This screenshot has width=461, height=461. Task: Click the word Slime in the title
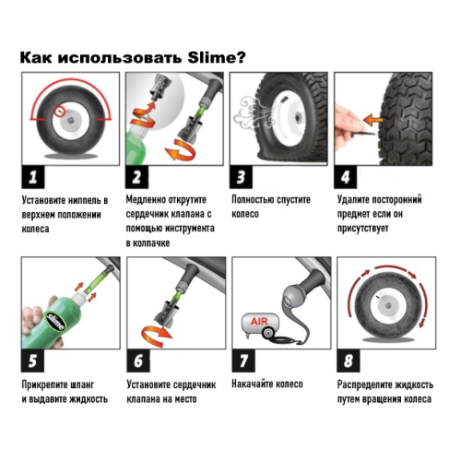[211, 57]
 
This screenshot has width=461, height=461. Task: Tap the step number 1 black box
[34, 176]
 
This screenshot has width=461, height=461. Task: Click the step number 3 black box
[243, 176]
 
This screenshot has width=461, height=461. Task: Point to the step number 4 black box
[349, 176]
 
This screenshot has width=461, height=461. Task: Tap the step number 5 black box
[34, 359]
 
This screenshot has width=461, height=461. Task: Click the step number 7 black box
[243, 359]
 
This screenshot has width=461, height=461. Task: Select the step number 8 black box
[349, 359]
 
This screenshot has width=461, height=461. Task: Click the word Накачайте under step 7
[257, 383]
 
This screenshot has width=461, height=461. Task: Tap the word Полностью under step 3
[257, 199]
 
